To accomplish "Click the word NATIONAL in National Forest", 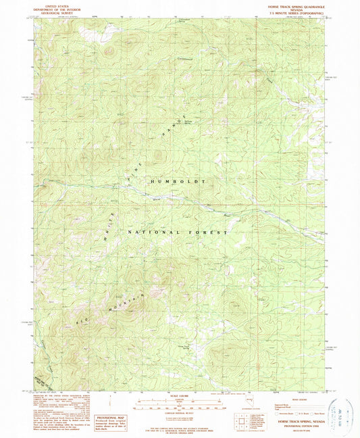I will pos(151,232).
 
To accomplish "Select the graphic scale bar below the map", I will pos(179,406).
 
